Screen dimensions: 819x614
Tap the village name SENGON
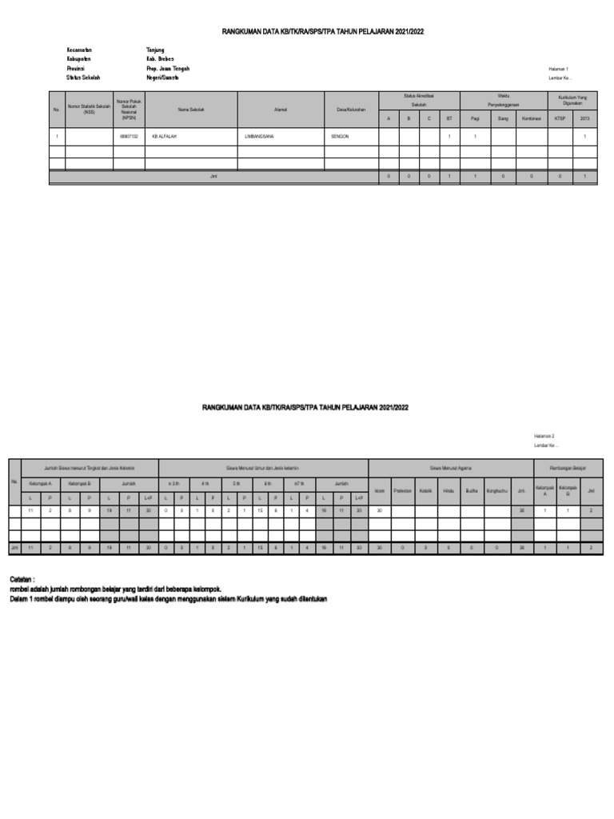click(x=340, y=137)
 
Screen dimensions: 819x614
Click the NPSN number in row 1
click(x=128, y=137)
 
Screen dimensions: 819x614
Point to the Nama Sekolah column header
click(x=191, y=110)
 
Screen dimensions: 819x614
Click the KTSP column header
click(x=560, y=118)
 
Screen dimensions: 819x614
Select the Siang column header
click(x=503, y=118)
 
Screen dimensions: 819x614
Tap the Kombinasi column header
click(x=532, y=118)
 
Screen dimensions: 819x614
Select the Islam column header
click(x=379, y=490)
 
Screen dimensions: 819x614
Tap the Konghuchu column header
click(x=496, y=490)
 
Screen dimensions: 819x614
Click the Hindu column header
click(x=449, y=490)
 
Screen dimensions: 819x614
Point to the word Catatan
click(x=22, y=577)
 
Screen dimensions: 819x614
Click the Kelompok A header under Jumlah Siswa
click(x=40, y=484)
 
